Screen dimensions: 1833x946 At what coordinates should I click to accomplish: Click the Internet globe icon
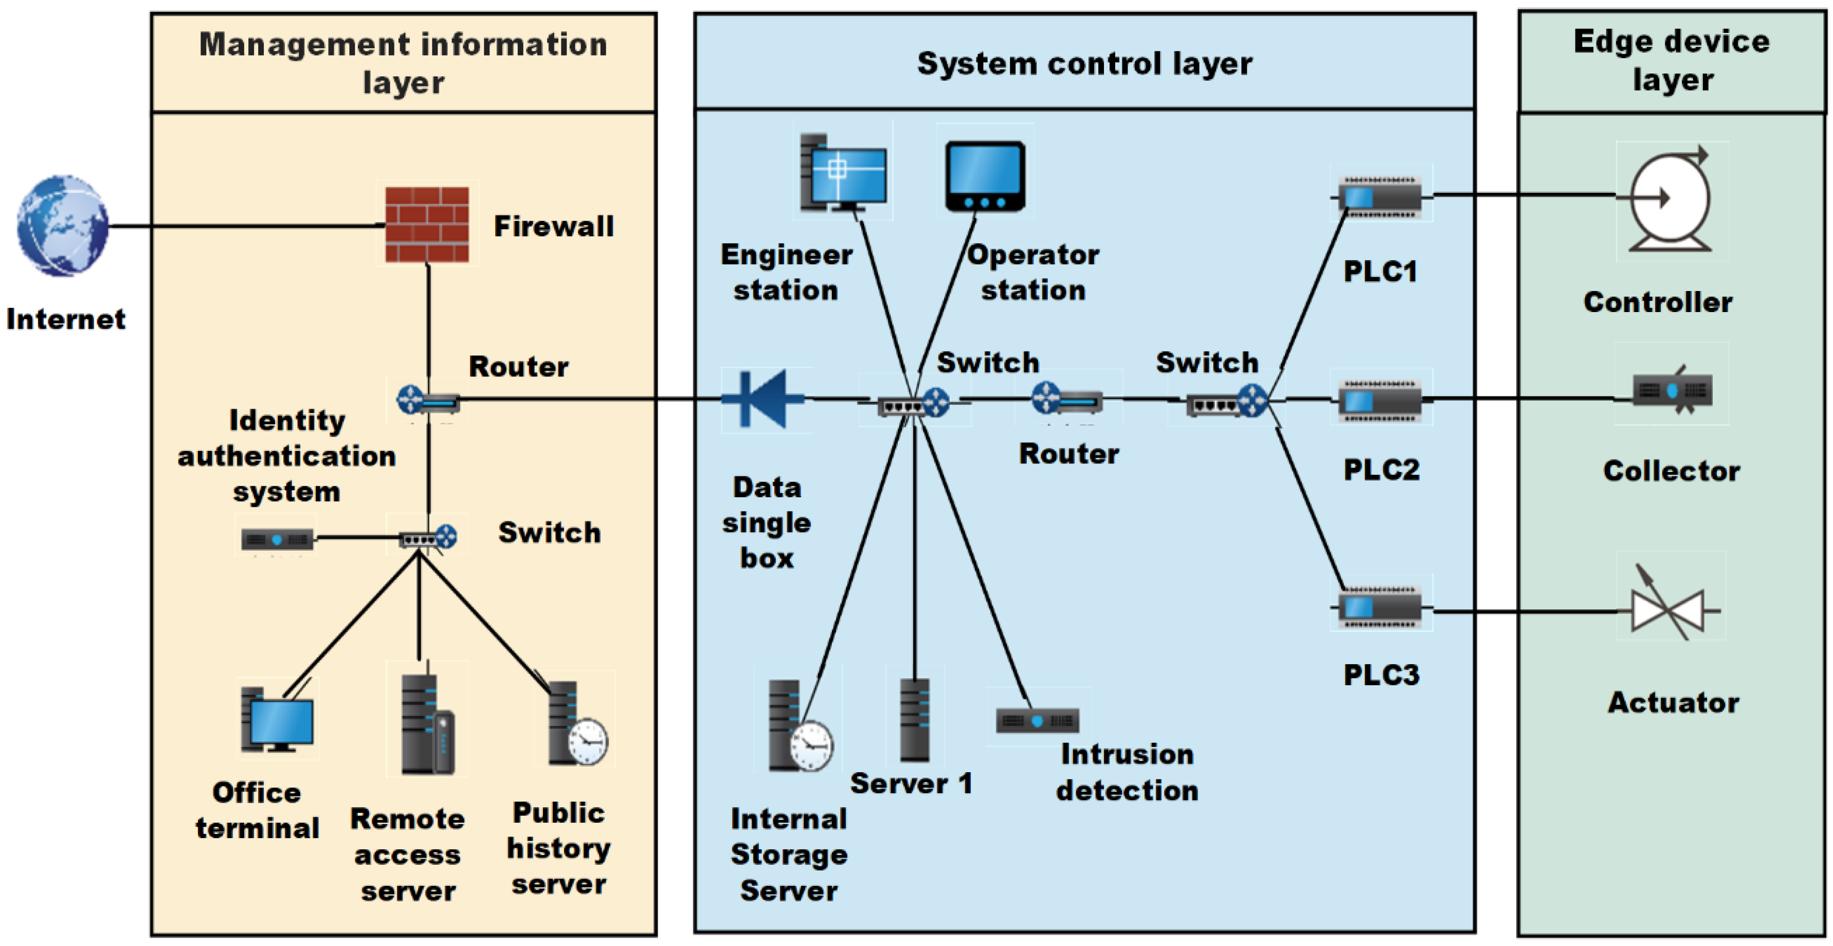pos(63,226)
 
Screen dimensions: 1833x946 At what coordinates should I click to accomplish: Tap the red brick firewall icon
pos(427,225)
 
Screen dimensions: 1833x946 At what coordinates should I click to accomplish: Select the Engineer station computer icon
pos(843,172)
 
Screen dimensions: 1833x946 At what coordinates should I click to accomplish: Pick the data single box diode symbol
pos(763,399)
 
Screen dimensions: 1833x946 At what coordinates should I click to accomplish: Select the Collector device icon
pos(1672,390)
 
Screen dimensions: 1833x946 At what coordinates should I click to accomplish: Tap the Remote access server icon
pos(427,723)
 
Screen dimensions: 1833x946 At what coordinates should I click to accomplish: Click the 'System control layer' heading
pos(1084,63)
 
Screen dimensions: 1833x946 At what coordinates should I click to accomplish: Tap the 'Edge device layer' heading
pos(1672,61)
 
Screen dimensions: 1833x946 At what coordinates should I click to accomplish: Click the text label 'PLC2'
pos(1381,469)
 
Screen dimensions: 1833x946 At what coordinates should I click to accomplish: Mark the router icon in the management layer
pos(428,401)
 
